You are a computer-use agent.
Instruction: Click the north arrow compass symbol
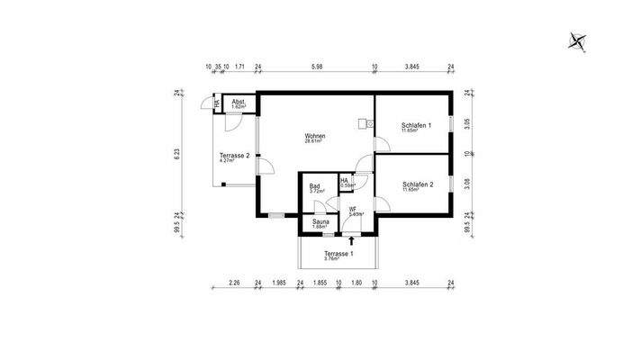(576, 40)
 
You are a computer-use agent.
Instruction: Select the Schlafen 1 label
(416, 126)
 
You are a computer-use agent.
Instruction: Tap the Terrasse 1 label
(339, 256)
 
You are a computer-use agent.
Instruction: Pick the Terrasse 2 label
(234, 157)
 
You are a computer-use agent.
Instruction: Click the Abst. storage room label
(238, 103)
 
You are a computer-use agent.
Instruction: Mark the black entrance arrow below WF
(351, 240)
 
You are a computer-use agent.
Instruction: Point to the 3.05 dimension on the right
(466, 124)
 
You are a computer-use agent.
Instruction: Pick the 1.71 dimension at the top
(239, 67)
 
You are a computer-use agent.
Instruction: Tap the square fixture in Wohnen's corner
(362, 123)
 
